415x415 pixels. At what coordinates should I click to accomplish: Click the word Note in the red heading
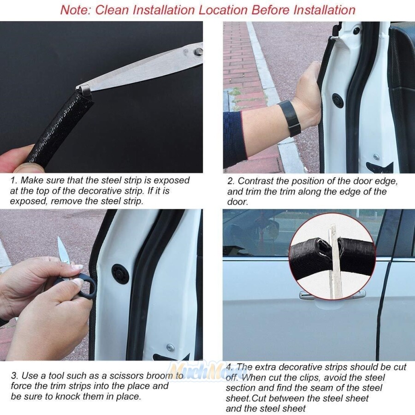75,10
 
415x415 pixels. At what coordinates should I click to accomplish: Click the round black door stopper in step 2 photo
338,100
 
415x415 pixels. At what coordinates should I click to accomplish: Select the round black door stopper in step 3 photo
120,274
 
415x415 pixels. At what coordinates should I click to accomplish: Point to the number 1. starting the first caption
13,180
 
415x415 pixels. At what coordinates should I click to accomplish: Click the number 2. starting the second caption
231,181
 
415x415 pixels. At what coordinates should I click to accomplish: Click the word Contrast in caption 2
255,181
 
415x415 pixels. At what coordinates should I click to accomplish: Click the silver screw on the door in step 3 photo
170,347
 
